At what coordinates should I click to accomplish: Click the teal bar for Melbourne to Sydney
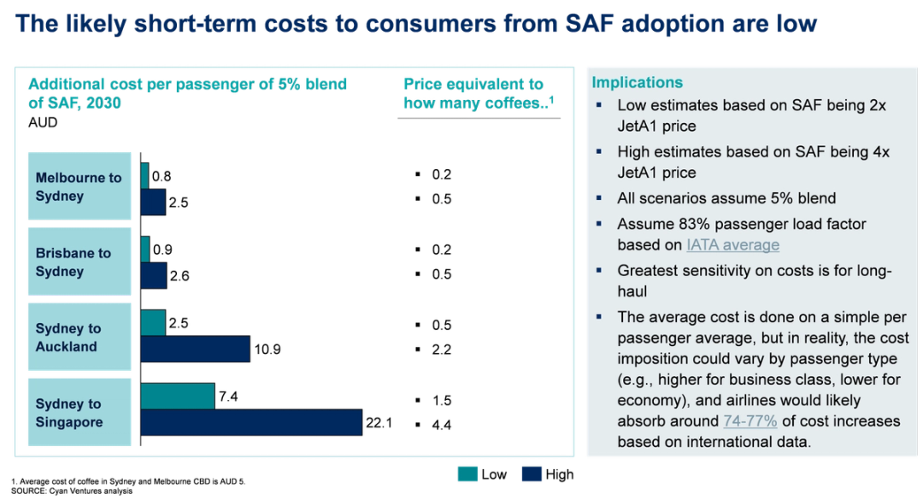[144, 175]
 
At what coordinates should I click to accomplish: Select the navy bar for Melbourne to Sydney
[152, 202]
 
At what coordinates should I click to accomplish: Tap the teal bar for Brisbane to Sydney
[144, 250]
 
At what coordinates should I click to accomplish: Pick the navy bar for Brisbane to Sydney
[153, 275]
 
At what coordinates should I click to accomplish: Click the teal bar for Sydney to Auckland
[153, 323]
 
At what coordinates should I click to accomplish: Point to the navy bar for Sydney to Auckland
[195, 349]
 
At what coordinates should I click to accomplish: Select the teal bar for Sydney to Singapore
[177, 397]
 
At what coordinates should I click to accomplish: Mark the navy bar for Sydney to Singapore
[250, 422]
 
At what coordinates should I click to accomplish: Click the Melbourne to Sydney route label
[79, 187]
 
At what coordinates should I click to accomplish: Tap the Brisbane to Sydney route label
[73, 262]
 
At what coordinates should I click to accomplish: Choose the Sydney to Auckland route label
[68, 338]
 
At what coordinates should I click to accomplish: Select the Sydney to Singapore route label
[68, 413]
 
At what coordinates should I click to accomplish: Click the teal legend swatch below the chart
[467, 475]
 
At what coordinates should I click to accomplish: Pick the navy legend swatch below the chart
[533, 475]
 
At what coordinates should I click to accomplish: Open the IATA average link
[732, 244]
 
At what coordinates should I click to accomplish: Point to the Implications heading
[638, 82]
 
